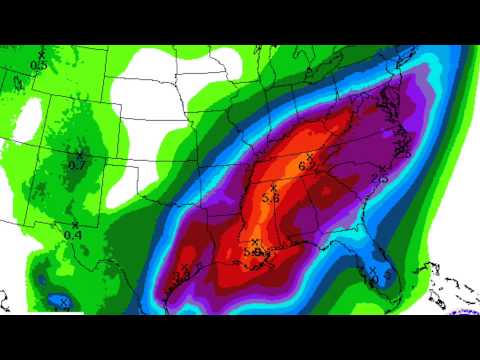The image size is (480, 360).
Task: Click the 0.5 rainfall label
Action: tap(39, 65)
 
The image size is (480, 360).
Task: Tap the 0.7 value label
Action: tap(76, 164)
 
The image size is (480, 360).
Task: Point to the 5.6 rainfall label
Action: tap(270, 199)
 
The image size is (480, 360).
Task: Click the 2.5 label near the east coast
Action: tap(379, 178)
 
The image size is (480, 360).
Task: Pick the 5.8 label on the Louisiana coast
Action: tap(254, 254)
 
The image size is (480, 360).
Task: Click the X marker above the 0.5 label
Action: tap(41, 54)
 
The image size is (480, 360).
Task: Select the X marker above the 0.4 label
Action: tap(74, 223)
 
